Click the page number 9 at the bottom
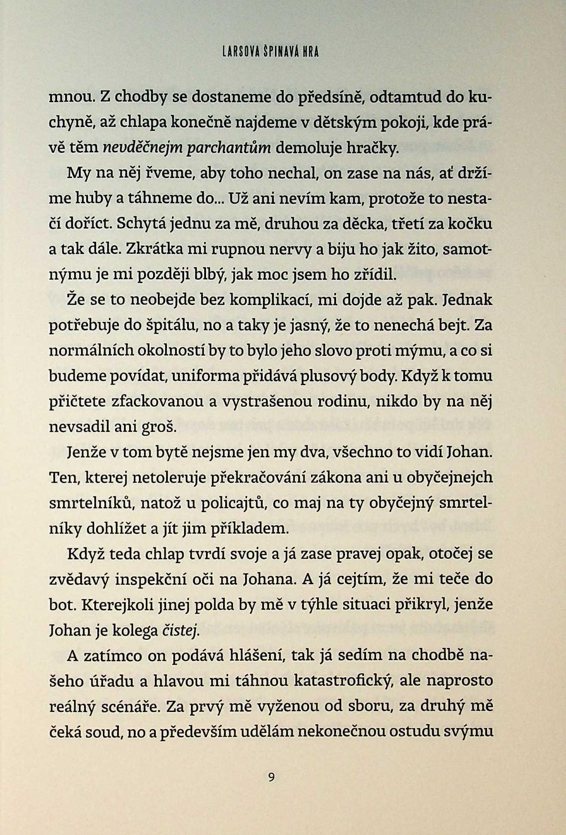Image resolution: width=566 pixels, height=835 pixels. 271,777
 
